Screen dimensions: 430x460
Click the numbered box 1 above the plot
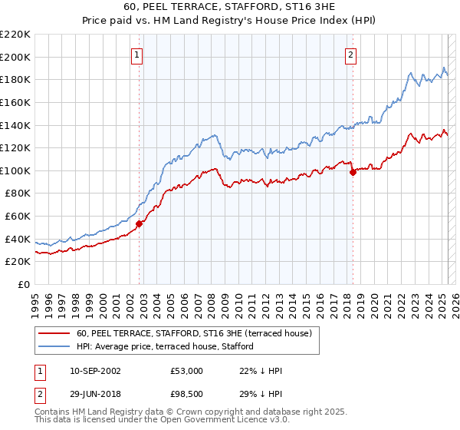click(136, 55)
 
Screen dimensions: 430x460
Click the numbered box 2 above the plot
click(350, 55)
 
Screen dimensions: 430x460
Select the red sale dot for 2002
click(140, 224)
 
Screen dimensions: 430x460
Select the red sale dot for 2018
click(353, 173)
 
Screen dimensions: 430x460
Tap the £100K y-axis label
click(16, 170)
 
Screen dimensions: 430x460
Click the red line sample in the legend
click(54, 333)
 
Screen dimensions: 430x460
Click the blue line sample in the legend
click(54, 346)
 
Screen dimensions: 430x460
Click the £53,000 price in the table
click(186, 371)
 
